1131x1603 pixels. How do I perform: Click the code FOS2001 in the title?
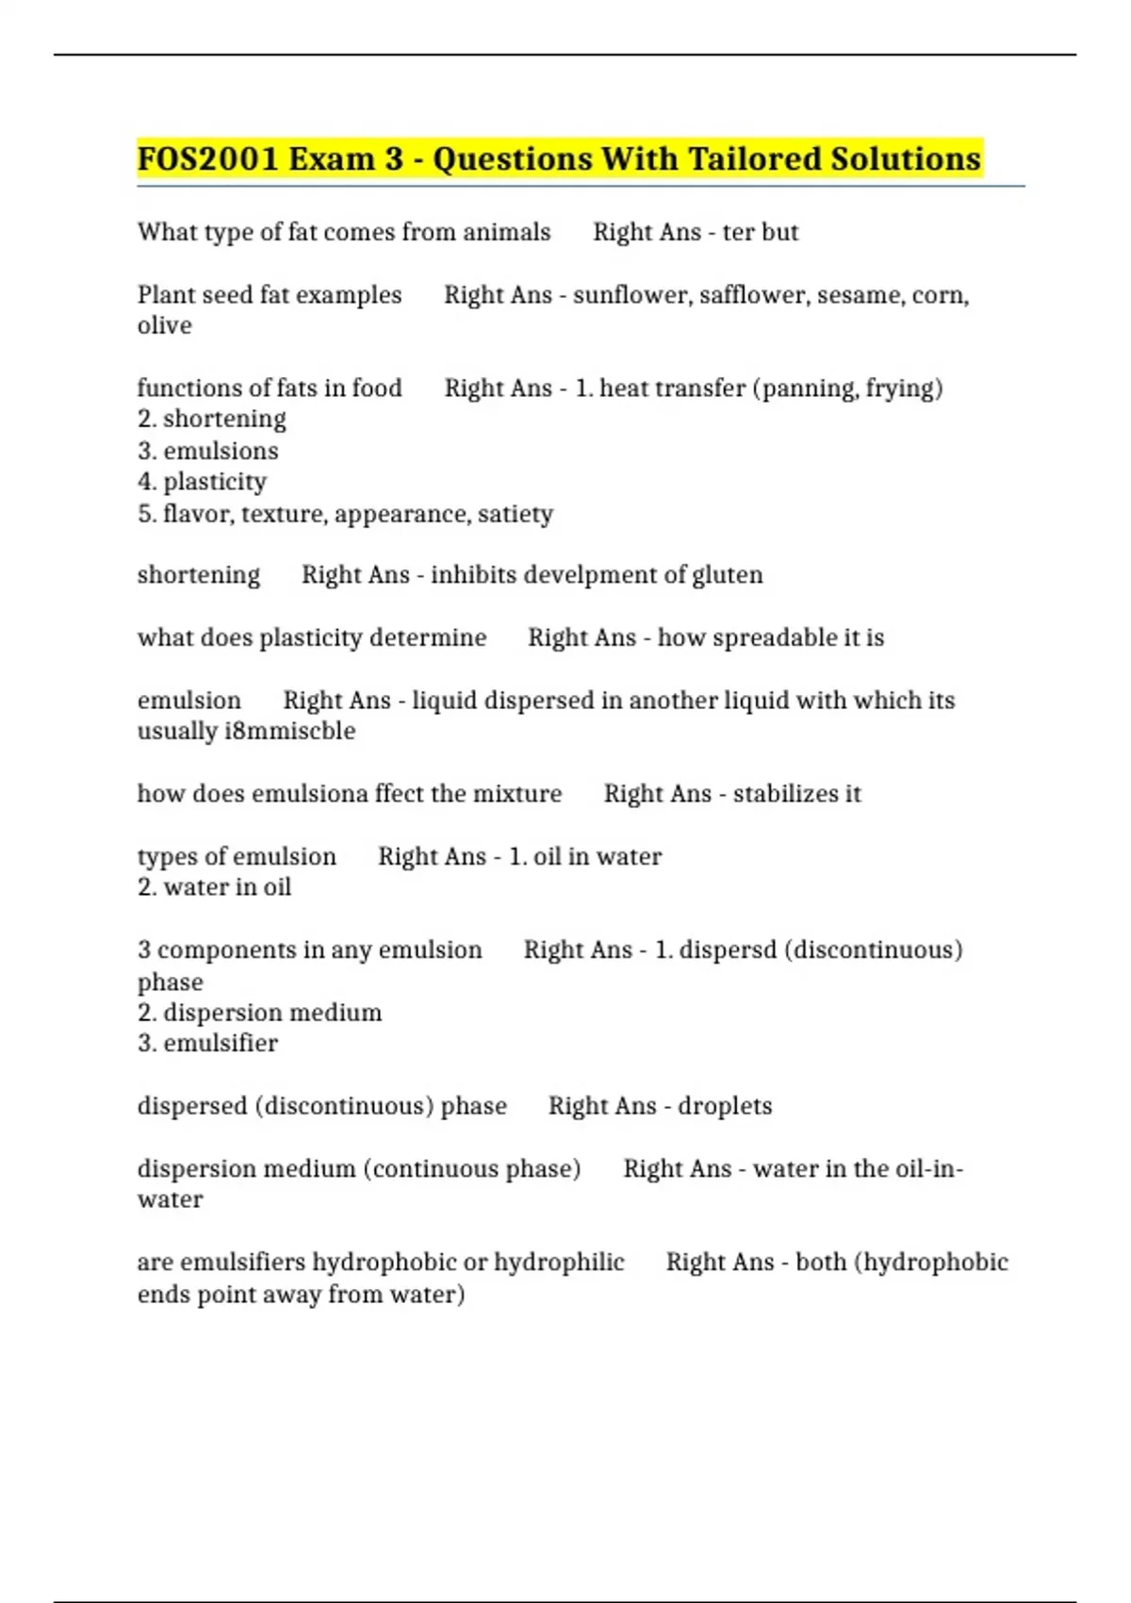[x=207, y=159]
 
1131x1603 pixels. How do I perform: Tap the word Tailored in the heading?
[x=754, y=159]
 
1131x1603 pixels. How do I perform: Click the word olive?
[x=165, y=326]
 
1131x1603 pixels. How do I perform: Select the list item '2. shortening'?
[x=212, y=419]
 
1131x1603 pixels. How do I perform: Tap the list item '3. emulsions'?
[x=208, y=451]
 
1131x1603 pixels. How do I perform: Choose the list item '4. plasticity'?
[x=203, y=482]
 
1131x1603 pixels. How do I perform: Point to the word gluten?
[x=727, y=575]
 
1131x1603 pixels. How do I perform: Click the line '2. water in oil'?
[x=215, y=887]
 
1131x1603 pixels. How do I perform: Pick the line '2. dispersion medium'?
[x=260, y=1013]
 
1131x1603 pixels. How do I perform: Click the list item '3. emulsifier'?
[x=208, y=1044]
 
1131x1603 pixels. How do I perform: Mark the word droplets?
[x=725, y=1106]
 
